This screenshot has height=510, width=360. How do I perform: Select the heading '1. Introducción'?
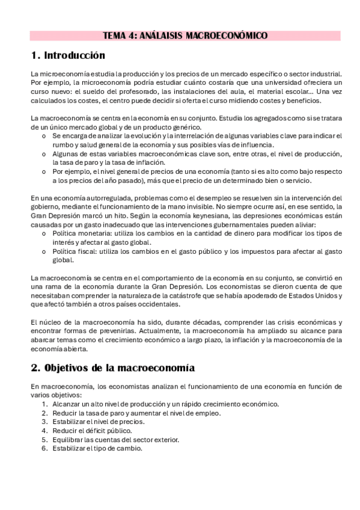coord(67,57)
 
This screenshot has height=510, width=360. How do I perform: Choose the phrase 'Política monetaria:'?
coord(81,233)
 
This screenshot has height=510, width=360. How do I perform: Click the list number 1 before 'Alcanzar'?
coord(44,404)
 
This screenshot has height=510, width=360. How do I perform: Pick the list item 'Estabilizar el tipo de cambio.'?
coord(97,448)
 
